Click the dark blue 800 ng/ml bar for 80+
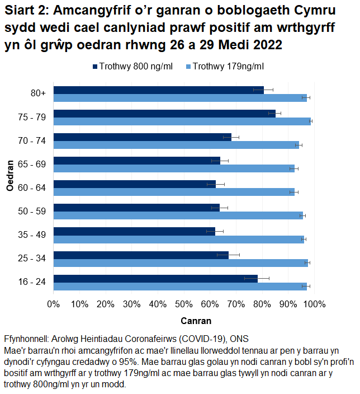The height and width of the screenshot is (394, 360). coord(158,90)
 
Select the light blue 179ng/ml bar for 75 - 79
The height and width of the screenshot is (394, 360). coord(182,121)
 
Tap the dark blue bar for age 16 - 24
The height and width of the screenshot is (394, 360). coord(155,278)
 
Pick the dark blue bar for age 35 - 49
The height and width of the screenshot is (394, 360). coord(134,231)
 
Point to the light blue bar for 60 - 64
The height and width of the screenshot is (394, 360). coord(173,192)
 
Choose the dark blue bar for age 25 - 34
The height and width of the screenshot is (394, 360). coord(141,255)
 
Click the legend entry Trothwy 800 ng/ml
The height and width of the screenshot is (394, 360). coord(132,67)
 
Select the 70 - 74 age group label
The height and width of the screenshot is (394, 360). coord(32,140)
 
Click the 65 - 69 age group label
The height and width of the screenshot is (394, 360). coord(32,164)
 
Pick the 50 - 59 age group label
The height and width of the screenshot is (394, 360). coord(32,211)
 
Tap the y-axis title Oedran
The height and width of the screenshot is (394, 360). coord(11,176)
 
